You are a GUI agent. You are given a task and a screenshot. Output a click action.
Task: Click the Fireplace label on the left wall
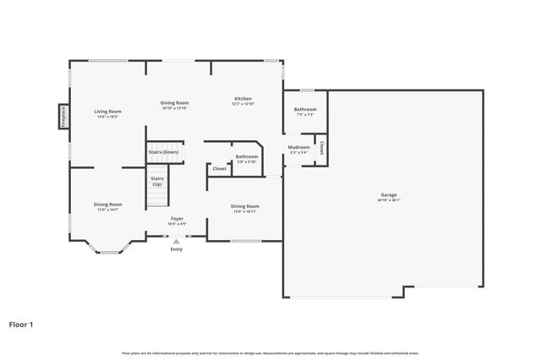coord(63,116)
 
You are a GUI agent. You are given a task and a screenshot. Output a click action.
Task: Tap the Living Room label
coord(108,111)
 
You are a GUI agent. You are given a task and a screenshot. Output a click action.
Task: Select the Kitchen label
coord(243,100)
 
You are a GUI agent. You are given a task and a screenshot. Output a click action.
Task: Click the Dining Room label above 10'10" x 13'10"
coord(174,102)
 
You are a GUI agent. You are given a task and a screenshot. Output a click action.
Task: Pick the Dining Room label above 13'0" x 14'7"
coord(107,204)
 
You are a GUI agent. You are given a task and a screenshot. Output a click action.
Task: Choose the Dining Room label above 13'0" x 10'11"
coord(245,205)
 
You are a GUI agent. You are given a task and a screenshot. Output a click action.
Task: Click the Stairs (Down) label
coord(164,152)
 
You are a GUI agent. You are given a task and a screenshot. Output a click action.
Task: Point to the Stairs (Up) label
coord(157,182)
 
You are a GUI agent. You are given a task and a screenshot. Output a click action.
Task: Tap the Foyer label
coord(177,219)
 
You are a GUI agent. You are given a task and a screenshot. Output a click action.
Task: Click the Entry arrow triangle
coord(176,242)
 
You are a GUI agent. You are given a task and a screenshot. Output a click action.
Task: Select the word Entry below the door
coord(176,249)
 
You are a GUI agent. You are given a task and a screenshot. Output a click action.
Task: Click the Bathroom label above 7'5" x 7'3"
coord(305,109)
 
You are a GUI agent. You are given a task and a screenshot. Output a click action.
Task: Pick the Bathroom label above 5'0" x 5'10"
coord(247,156)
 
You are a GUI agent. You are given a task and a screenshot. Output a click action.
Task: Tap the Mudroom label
coord(299,147)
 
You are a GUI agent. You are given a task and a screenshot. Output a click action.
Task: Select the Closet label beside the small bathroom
coord(219,169)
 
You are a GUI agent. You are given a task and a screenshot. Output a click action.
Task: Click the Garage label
coord(388,194)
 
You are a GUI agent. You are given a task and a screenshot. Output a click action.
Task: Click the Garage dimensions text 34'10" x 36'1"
coord(388,200)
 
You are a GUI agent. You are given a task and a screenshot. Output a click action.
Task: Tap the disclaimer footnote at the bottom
coord(270,352)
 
